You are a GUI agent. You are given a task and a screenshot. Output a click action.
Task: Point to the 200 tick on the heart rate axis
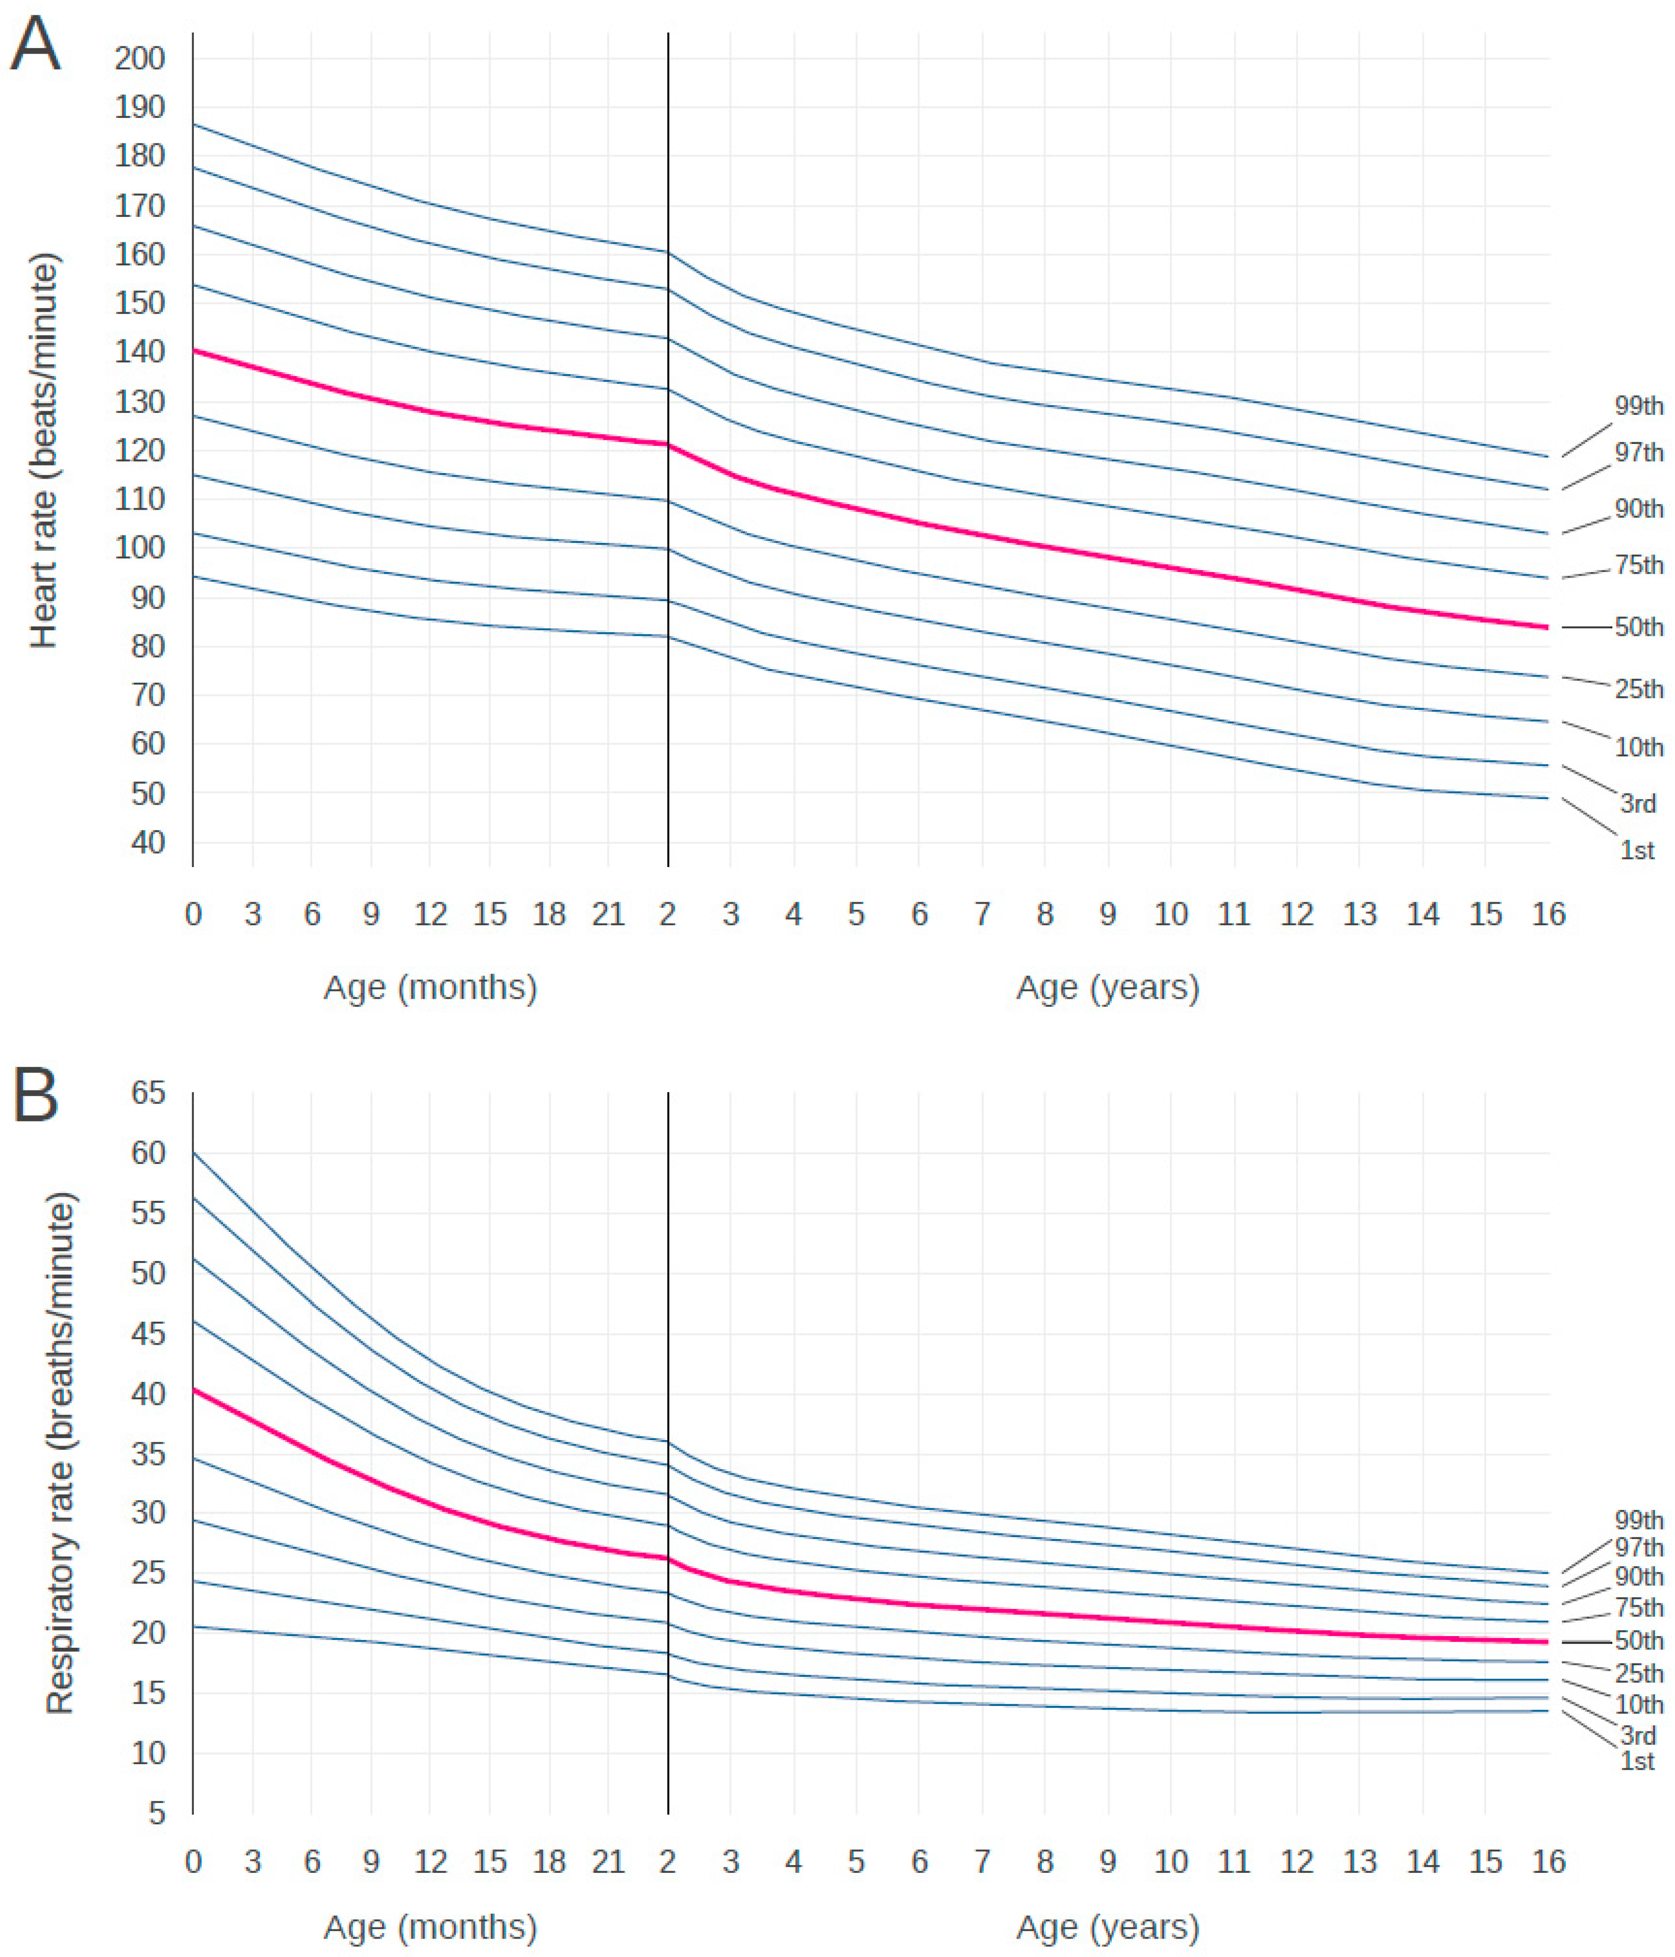[x=140, y=59]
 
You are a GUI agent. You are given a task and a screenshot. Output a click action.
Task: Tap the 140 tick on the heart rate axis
[x=140, y=352]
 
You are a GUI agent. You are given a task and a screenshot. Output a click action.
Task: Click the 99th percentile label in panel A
[x=1638, y=406]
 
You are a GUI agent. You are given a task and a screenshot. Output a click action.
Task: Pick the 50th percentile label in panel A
[x=1638, y=627]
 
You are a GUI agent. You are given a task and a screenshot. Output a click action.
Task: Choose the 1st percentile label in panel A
[x=1637, y=851]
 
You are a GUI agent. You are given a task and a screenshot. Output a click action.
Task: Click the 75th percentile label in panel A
[x=1638, y=565]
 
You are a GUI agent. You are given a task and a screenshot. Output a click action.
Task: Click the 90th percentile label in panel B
[x=1638, y=1576]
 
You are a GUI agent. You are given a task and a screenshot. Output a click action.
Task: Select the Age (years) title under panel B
[x=1108, y=1927]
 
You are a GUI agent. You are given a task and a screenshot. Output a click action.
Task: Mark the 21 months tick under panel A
[x=608, y=914]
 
